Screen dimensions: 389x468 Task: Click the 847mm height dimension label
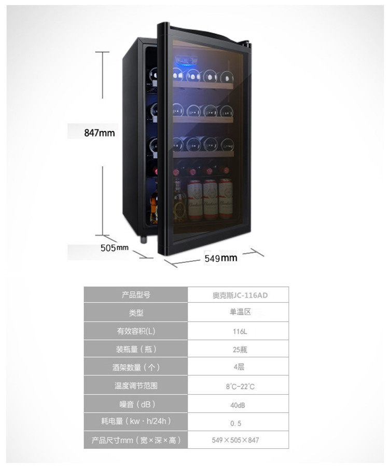(100, 132)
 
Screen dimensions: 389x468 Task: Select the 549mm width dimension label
(220, 258)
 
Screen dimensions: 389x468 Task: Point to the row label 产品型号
(136, 295)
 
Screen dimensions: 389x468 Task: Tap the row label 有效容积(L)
(136, 331)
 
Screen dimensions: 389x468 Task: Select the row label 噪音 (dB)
(136, 404)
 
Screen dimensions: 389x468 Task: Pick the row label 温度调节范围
(136, 386)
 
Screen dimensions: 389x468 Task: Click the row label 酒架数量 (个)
(136, 367)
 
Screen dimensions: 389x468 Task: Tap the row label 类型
(136, 313)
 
